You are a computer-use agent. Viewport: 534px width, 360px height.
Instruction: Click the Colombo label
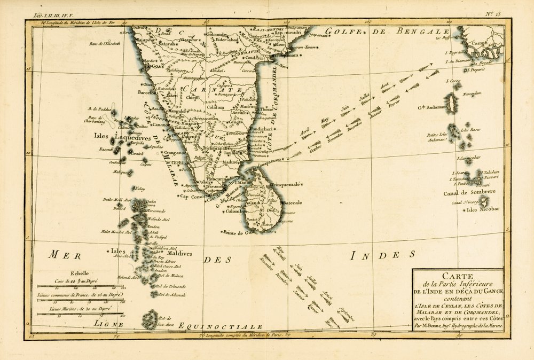[237, 210]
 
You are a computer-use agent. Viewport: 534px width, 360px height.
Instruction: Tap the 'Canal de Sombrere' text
[469, 192]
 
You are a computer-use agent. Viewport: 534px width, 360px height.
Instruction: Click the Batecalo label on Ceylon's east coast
[292, 203]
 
